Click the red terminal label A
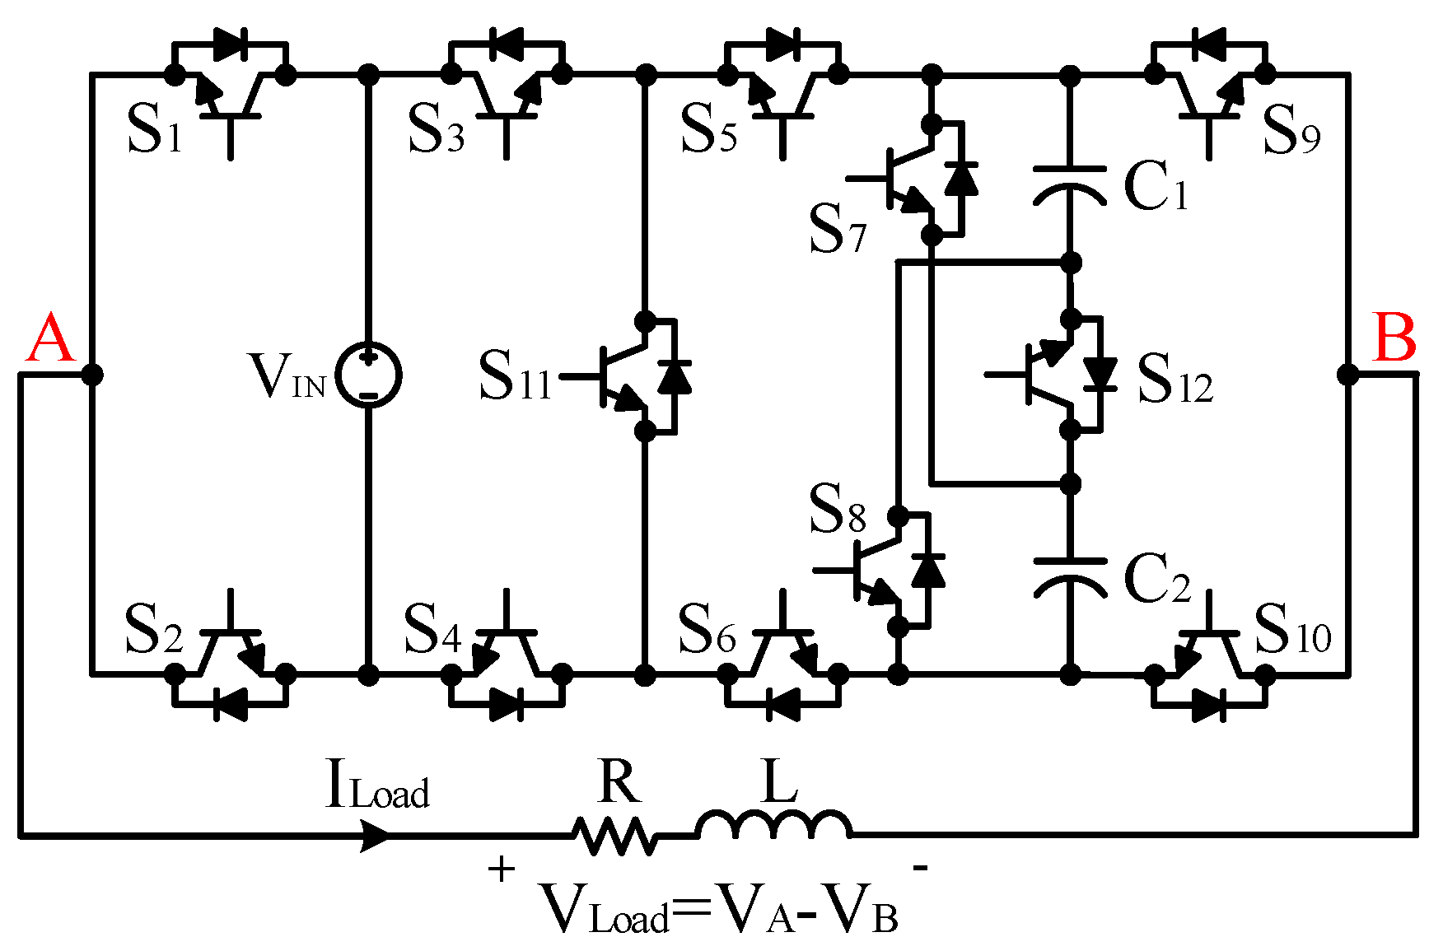(51, 339)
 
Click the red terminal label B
(1394, 339)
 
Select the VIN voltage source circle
(369, 375)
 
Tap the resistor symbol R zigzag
(615, 836)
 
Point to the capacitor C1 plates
(1070, 184)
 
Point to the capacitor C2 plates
(1070, 575)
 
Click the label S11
(515, 377)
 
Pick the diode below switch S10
(1208, 705)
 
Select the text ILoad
(378, 786)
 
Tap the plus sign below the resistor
(501, 869)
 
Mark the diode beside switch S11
(675, 375)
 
